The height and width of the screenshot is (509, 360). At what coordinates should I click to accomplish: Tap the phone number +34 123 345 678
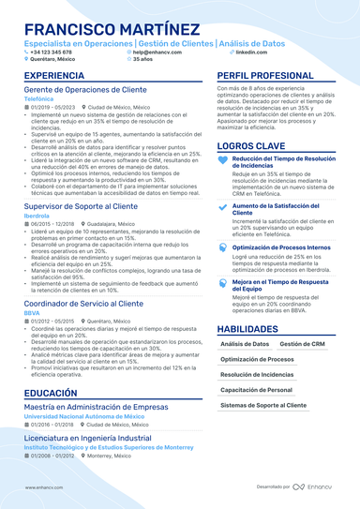(x=52, y=52)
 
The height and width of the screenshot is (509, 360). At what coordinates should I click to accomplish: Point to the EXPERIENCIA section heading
(x=53, y=75)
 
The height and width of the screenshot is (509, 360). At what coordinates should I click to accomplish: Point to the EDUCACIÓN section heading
(x=51, y=393)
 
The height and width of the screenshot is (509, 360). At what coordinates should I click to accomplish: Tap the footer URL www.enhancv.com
(x=43, y=487)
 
